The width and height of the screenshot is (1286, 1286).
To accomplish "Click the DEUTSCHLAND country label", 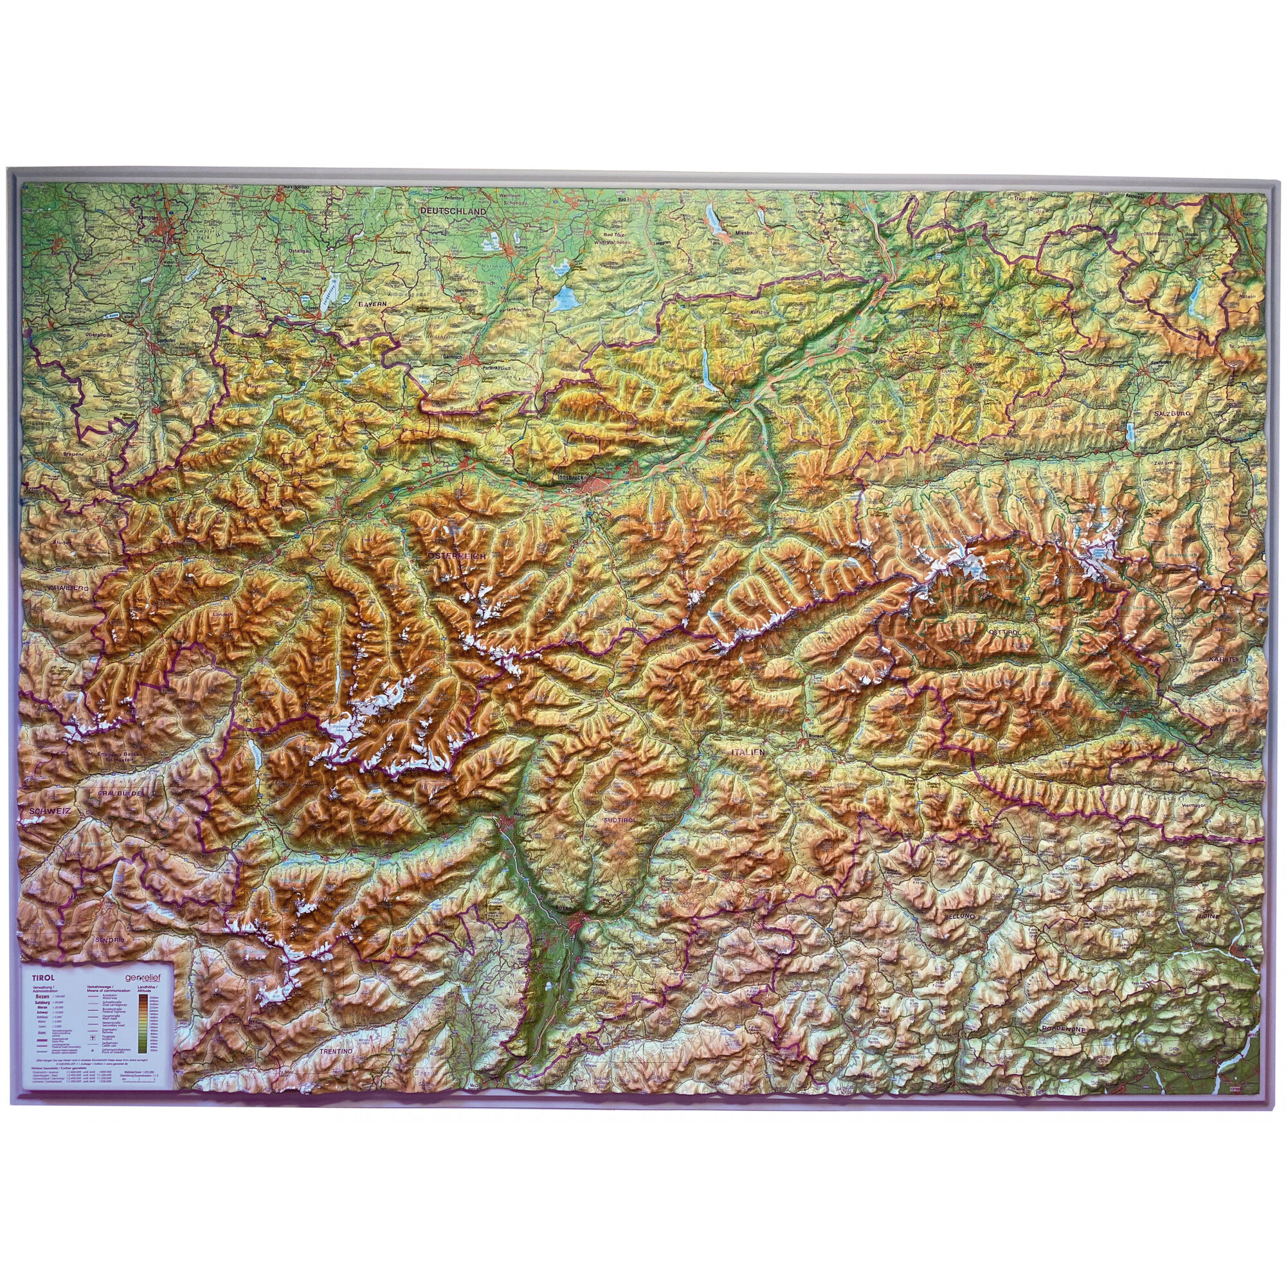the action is coord(453,210).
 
